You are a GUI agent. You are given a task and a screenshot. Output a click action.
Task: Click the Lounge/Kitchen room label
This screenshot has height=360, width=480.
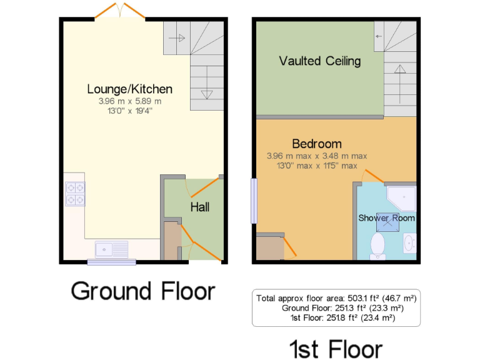coord(129,89)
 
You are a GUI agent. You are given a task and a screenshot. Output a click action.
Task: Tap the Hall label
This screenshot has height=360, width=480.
coord(200,207)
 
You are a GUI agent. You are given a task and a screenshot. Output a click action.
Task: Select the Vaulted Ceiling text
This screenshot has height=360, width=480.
coord(319,61)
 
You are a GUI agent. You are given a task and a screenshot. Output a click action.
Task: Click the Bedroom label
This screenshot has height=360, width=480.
coord(316,144)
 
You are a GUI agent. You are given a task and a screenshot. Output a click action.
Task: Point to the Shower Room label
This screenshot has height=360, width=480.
coord(386,218)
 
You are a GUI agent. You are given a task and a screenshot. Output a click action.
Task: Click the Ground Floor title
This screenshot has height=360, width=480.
coord(142,291)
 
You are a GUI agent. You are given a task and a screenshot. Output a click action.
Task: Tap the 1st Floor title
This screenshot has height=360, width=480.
coord(335,347)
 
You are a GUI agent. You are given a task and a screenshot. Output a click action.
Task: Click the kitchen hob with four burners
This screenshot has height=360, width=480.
coord(76,194)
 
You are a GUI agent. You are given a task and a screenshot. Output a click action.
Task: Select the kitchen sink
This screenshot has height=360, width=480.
coord(111,249)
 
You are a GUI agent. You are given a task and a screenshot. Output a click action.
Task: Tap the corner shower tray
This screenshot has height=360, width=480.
coord(401,198)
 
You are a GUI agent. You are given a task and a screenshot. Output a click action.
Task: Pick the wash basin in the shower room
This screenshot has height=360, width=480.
coord(409,242)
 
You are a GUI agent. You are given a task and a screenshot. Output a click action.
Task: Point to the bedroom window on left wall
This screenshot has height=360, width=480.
coord(253,201)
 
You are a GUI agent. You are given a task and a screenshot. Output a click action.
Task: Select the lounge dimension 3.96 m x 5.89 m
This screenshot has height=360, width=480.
coord(129,101)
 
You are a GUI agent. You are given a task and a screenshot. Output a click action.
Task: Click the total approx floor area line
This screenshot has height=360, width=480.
coord(336,298)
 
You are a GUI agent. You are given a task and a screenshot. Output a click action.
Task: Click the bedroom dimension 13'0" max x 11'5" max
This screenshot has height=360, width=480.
coord(316,166)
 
